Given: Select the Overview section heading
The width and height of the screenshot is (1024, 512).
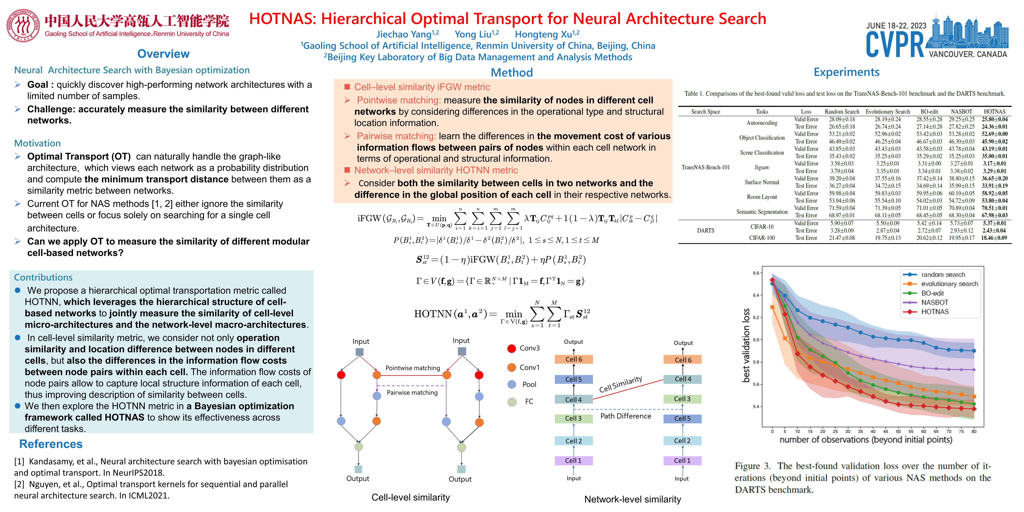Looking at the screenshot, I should coord(163,54).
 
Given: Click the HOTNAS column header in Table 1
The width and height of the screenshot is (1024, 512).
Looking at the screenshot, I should coord(994,112).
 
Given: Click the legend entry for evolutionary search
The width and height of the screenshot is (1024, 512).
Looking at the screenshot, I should coord(949,284).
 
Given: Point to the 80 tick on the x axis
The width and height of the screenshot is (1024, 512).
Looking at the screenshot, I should coord(974,431).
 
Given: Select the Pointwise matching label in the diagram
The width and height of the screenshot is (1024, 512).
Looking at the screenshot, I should coord(413,368).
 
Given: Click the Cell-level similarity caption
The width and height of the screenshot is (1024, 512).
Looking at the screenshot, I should coord(411,497).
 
